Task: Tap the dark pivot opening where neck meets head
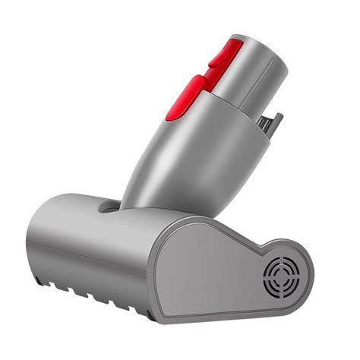click(x=111, y=206)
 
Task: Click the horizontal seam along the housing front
click(x=91, y=258)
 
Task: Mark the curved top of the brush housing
click(x=76, y=204)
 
